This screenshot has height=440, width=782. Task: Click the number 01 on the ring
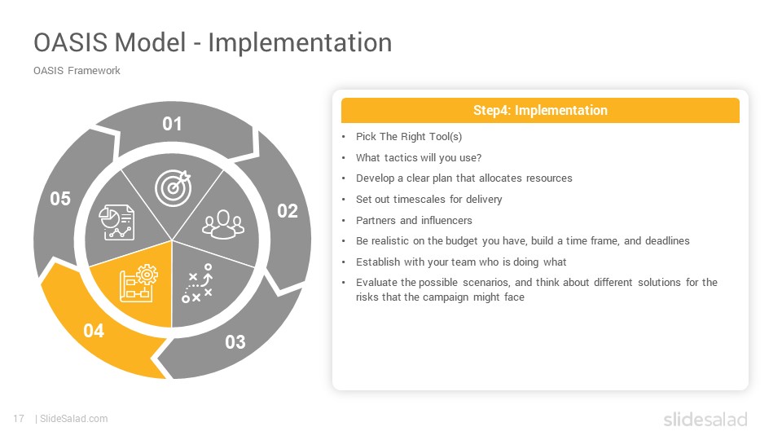click(172, 124)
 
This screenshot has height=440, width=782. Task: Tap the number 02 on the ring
click(288, 211)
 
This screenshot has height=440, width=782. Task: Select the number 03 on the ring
click(235, 342)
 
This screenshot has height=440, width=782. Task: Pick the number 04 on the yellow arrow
click(94, 331)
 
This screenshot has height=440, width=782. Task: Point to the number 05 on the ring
click(60, 199)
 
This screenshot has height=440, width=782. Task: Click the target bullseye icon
click(173, 188)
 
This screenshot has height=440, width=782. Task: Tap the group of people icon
click(223, 224)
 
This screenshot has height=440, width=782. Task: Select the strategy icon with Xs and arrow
click(197, 284)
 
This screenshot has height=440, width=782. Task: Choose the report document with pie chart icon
click(116, 222)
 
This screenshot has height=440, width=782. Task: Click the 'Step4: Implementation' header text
click(540, 110)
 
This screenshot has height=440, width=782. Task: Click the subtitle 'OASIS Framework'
click(77, 70)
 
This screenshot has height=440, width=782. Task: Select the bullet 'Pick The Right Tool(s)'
click(409, 137)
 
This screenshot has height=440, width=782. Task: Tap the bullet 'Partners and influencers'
click(414, 221)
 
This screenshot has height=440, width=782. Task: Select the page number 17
click(19, 419)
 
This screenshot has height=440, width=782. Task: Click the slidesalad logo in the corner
click(705, 419)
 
